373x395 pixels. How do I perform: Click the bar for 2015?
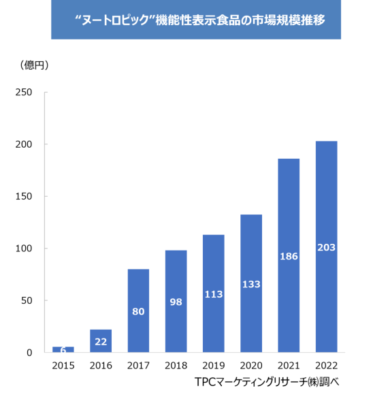tap(63, 349)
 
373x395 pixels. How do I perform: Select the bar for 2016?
tap(101, 341)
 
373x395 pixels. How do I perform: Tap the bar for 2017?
tap(138, 311)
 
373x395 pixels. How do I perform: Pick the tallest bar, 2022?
tap(327, 247)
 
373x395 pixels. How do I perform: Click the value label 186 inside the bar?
tap(289, 257)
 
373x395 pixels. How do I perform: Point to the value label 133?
tap(251, 284)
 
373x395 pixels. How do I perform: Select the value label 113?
tap(214, 294)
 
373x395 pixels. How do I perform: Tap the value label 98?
tap(176, 302)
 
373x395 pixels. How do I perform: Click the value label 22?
tap(101, 342)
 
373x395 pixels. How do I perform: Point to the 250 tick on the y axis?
tap(24, 93)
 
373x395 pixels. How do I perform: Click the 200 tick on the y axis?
tap(24, 144)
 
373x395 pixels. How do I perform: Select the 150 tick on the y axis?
tap(24, 197)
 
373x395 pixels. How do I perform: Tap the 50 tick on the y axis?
tap(27, 300)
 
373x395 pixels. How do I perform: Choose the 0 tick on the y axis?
tap(29, 353)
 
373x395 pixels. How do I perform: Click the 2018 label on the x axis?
tap(176, 366)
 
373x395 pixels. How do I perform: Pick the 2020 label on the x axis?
tap(251, 366)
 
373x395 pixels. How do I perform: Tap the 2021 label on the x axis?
tap(289, 366)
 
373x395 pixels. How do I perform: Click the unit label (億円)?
tap(34, 65)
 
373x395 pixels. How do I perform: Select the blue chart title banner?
tap(196, 20)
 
